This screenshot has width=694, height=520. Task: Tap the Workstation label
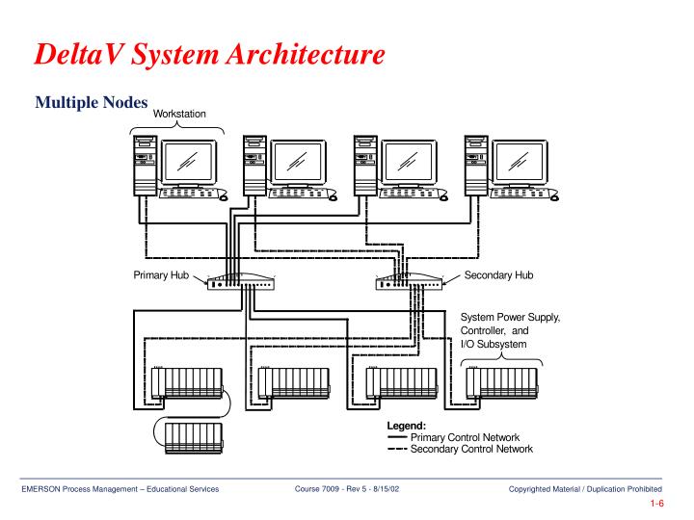[x=181, y=115]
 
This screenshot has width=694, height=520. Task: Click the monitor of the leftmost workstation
[x=189, y=158]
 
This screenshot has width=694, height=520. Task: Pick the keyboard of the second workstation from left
[x=300, y=191]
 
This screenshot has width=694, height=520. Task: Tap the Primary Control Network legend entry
[x=457, y=438]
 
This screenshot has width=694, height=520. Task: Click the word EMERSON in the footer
[x=41, y=492]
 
